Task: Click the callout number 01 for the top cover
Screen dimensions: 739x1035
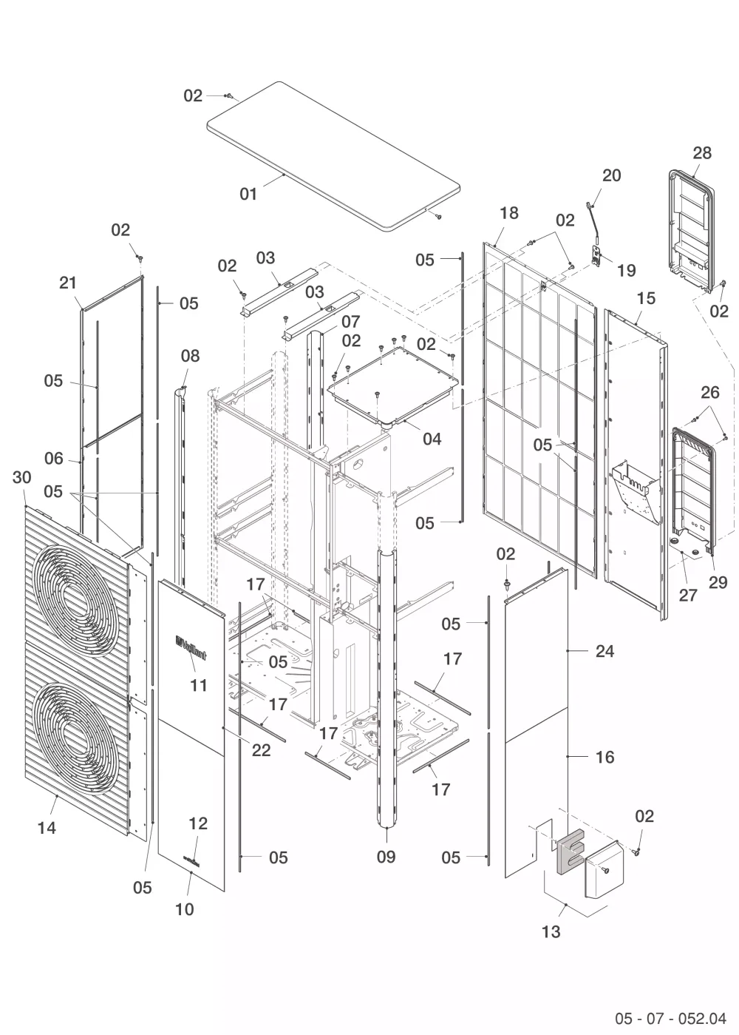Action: [x=248, y=194]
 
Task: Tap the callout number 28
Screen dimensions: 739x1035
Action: [x=702, y=153]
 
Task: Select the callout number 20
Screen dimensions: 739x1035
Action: [x=612, y=175]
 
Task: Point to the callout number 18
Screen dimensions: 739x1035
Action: [x=508, y=213]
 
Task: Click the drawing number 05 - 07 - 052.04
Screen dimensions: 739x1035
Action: [x=670, y=1015]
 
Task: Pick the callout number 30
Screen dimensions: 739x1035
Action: [x=21, y=477]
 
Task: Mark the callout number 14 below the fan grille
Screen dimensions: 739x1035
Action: [x=47, y=829]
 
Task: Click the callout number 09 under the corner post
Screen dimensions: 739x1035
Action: [x=386, y=857]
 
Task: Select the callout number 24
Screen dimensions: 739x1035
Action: [x=605, y=652]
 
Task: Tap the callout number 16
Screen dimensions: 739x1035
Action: [x=605, y=758]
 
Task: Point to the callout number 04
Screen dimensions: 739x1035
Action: [x=432, y=439]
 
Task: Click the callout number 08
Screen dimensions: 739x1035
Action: [x=190, y=356]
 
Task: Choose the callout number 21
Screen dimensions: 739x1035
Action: [x=68, y=283]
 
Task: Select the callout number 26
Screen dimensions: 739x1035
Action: [x=710, y=392]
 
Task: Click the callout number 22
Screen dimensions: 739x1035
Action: [x=261, y=750]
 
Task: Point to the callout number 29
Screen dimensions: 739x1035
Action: [x=718, y=583]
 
